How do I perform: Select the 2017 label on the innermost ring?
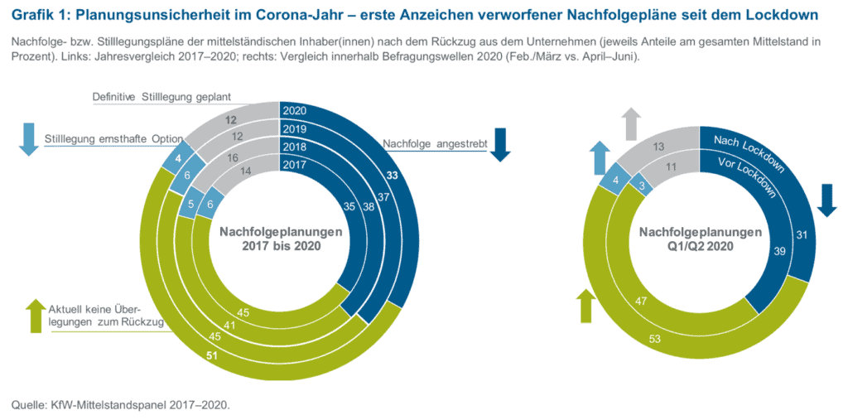tap(295, 165)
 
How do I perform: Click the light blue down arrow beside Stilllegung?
tap(27, 138)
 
